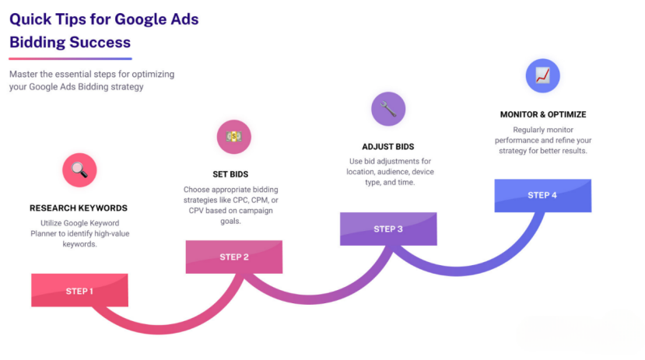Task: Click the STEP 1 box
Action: click(79, 290)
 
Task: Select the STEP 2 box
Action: click(234, 257)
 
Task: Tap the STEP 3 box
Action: click(388, 229)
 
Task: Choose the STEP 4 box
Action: click(543, 196)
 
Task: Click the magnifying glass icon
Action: click(79, 170)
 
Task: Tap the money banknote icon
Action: click(234, 137)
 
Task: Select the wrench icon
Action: click(388, 109)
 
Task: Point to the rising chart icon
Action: click(542, 75)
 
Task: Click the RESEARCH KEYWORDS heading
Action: click(79, 208)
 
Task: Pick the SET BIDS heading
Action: click(230, 174)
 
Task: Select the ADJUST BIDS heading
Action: click(388, 147)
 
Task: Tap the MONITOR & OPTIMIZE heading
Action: click(543, 114)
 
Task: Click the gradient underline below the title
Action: click(70, 59)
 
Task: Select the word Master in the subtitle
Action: click(23, 75)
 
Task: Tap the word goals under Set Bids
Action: click(230, 221)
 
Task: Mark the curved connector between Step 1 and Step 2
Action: click(159, 329)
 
